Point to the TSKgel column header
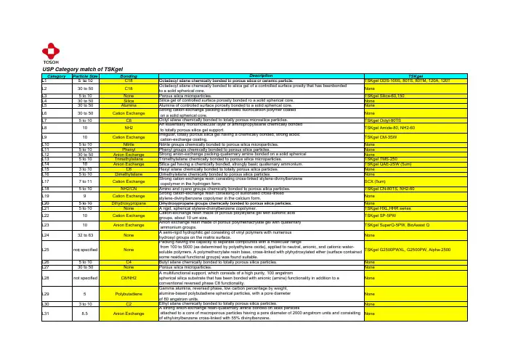coord(417,75)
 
